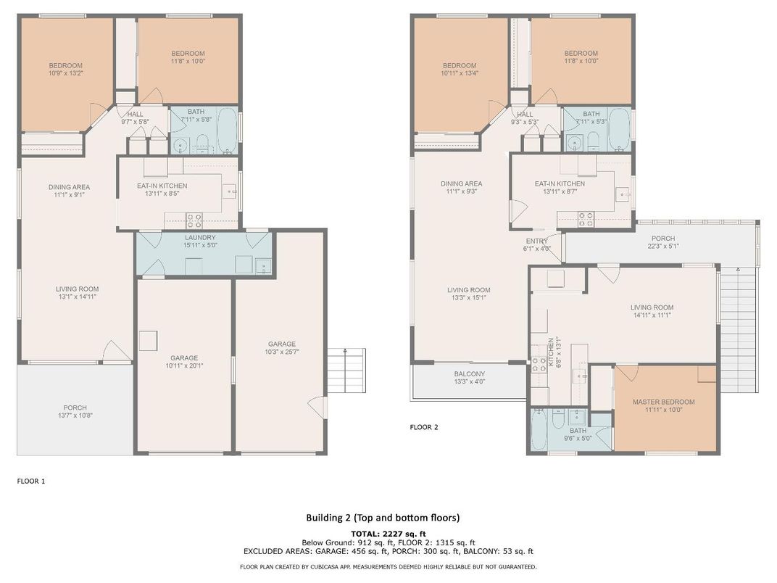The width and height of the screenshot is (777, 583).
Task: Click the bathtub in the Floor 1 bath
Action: click(x=228, y=131)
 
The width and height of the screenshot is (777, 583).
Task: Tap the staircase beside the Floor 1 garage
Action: click(x=346, y=371)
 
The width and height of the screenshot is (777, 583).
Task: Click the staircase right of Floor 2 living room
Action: click(x=739, y=329)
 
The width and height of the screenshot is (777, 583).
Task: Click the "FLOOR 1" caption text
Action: click(x=31, y=481)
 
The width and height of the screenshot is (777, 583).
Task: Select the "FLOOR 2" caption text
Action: click(x=424, y=427)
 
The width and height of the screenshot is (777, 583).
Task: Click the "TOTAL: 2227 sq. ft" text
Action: click(x=388, y=534)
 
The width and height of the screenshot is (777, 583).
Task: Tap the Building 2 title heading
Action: click(x=383, y=518)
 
